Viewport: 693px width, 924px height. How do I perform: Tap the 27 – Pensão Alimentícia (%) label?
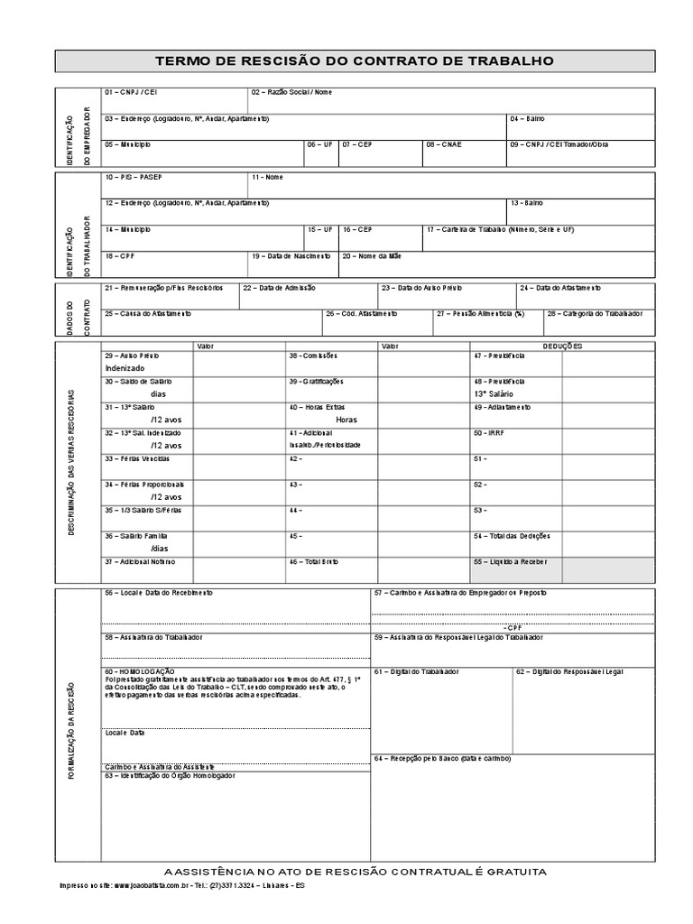pyautogui.click(x=479, y=313)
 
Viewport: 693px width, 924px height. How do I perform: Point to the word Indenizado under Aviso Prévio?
pyautogui.click(x=125, y=368)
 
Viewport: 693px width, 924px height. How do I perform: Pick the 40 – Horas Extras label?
pyautogui.click(x=317, y=407)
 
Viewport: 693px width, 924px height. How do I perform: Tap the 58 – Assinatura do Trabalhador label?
pyautogui.click(x=153, y=637)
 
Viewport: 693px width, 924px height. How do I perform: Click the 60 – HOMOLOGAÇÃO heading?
pyautogui.click(x=140, y=671)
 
